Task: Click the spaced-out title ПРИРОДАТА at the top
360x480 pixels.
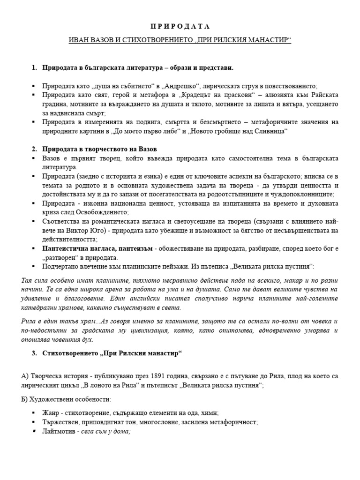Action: point(180,26)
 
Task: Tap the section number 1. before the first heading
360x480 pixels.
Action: point(34,68)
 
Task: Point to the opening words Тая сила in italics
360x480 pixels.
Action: point(34,280)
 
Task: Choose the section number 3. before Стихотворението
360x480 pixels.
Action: point(34,353)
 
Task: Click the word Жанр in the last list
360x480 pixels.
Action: point(51,413)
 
